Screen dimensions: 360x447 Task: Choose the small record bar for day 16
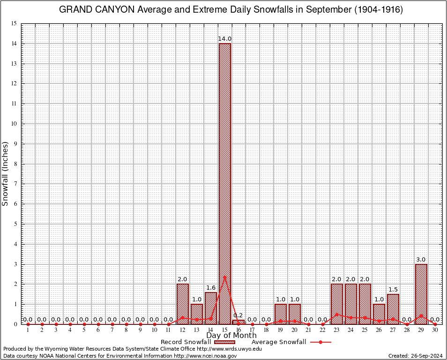pyautogui.click(x=238, y=322)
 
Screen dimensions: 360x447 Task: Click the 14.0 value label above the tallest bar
pyautogui.click(x=224, y=38)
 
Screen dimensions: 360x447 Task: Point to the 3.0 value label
pyautogui.click(x=421, y=259)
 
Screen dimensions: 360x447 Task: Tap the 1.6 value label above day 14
pyautogui.click(x=210, y=287)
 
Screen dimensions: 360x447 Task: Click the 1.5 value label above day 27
pyautogui.click(x=393, y=289)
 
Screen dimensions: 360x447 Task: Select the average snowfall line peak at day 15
pyautogui.click(x=224, y=276)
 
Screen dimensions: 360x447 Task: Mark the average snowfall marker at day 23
pyautogui.click(x=337, y=315)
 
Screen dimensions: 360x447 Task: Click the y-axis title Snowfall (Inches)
pyautogui.click(x=6, y=174)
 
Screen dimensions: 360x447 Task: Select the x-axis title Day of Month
pyautogui.click(x=231, y=335)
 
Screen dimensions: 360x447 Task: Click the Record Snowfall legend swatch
pyautogui.click(x=225, y=342)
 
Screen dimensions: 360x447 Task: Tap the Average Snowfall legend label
pyautogui.click(x=278, y=342)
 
